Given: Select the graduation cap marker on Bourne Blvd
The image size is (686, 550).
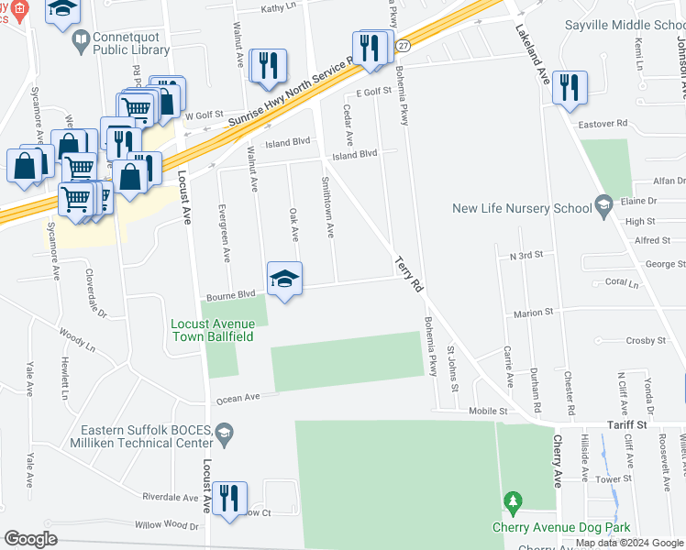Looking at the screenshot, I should (x=285, y=279).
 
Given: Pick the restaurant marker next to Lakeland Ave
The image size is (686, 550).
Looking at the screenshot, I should (x=570, y=88).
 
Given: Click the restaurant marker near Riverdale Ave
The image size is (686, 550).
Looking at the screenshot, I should (x=228, y=499).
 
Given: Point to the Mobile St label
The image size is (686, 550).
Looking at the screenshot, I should (x=489, y=412).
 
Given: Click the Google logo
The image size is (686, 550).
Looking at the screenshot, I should (x=31, y=539).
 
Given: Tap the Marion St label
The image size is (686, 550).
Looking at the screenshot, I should (x=534, y=313).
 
